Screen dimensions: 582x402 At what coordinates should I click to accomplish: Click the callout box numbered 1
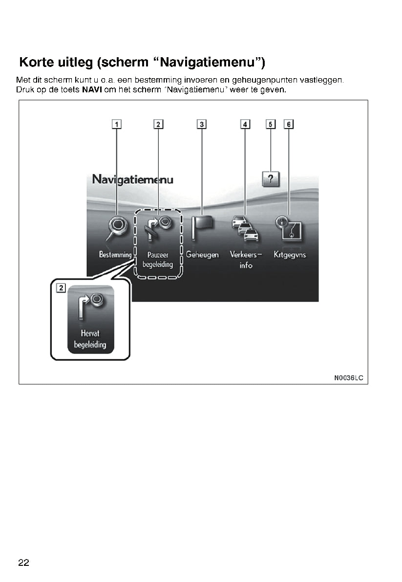coord(117,124)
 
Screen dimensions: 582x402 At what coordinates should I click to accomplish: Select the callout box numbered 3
coord(202,124)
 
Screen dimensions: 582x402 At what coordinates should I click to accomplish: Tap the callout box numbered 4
coord(245,124)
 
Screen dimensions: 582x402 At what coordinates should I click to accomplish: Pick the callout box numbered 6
coord(289,124)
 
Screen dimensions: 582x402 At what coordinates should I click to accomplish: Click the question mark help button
coord(271,179)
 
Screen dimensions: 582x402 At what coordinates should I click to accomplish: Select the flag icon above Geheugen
coord(202,228)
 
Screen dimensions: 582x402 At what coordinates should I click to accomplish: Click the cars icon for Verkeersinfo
coord(245,229)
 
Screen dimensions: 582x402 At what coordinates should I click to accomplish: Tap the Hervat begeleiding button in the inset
coord(90,319)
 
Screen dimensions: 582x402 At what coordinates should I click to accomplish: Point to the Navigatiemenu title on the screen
coord(132,179)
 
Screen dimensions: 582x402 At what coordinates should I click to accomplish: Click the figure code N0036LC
coord(349,378)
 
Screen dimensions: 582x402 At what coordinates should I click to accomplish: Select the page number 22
coord(24,562)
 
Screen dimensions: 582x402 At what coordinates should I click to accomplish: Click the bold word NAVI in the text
coord(91,90)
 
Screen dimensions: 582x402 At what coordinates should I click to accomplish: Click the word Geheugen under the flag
coord(202,255)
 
